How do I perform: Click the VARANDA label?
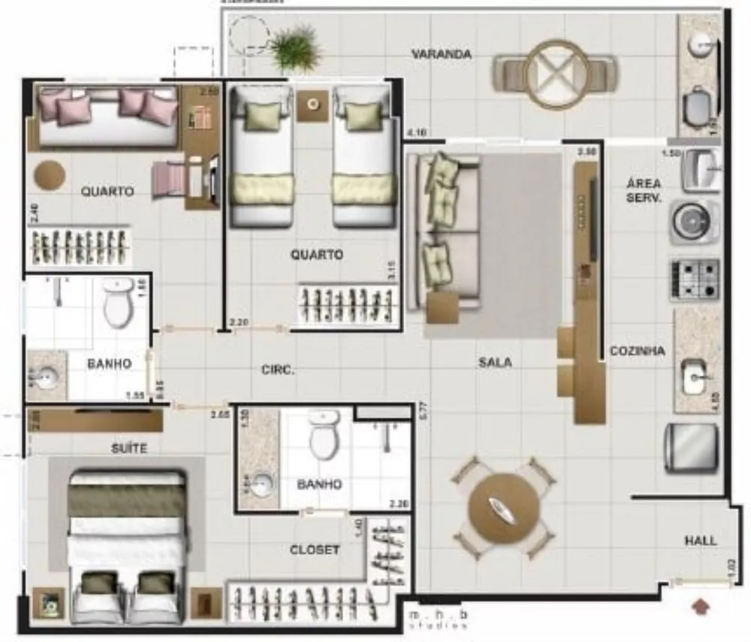[442, 54]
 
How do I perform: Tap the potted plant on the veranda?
[294, 49]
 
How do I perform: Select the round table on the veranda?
[556, 74]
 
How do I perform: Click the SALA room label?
[495, 362]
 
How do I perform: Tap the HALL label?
[700, 541]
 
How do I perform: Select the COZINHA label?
[637, 350]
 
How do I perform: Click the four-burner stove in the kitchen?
[695, 280]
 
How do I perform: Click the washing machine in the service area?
[692, 222]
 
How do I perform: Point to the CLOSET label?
[315, 550]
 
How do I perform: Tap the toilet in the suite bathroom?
[324, 436]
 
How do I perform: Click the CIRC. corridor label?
[278, 370]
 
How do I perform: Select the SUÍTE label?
[129, 449]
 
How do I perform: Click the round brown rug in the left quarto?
[50, 174]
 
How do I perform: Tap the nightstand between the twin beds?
[312, 105]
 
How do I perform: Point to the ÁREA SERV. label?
[644, 191]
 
